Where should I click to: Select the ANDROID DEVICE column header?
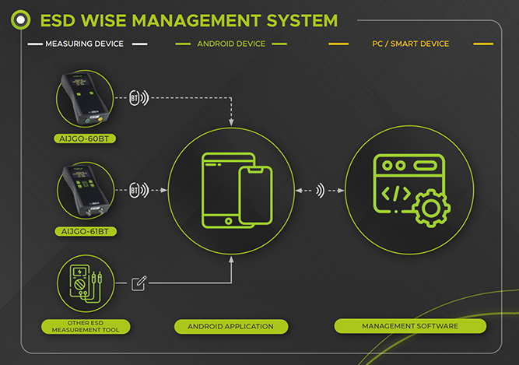pyautogui.click(x=231, y=44)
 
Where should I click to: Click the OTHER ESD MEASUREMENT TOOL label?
pyautogui.click(x=87, y=325)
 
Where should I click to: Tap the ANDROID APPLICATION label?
pyautogui.click(x=231, y=325)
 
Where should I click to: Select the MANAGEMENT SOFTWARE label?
pyautogui.click(x=409, y=325)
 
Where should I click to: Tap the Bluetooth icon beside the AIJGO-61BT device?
pyautogui.click(x=136, y=189)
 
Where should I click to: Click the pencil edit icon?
pyautogui.click(x=139, y=283)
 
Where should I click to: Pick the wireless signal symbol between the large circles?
pyautogui.click(x=320, y=190)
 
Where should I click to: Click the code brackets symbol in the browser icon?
pyautogui.click(x=392, y=192)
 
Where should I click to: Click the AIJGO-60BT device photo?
pyautogui.click(x=86, y=99)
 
